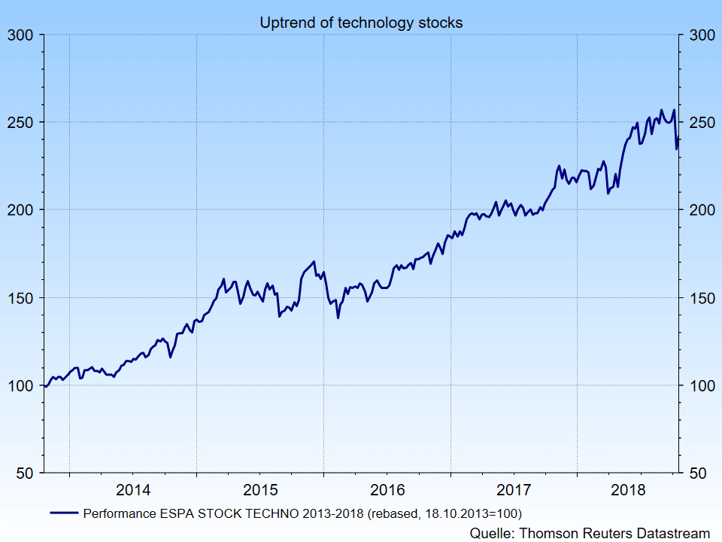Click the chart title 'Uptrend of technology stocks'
(361, 23)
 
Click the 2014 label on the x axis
(133, 490)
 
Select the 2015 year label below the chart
(260, 490)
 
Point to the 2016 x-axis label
(387, 490)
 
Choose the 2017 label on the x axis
(514, 490)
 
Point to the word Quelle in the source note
(492, 532)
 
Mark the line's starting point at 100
(44, 385)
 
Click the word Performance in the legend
(119, 513)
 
